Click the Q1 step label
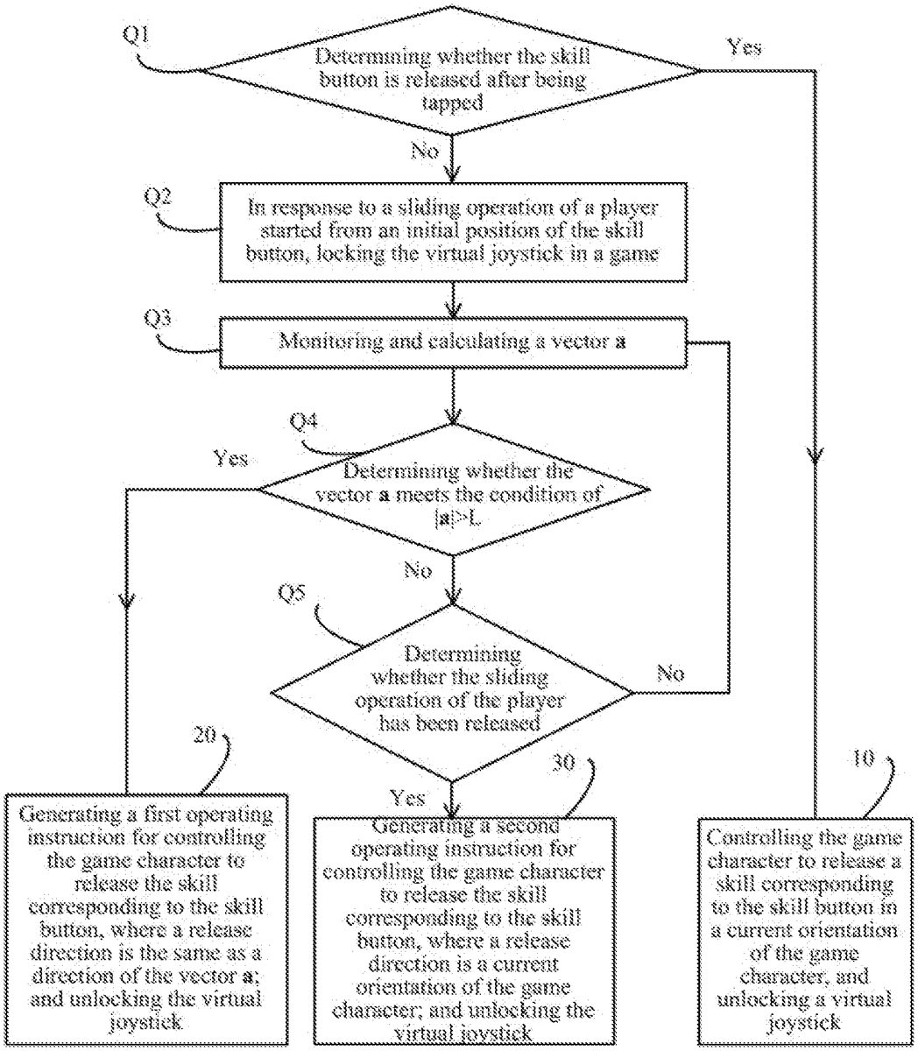[139, 36]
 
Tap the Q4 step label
[305, 421]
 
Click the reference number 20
[207, 736]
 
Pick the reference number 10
[863, 758]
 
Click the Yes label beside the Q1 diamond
[745, 46]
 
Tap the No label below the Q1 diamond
[425, 151]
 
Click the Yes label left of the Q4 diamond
[231, 458]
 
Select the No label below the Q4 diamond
[418, 571]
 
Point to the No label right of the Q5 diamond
[670, 674]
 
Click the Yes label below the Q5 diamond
[407, 797]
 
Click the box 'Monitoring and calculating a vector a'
[452, 343]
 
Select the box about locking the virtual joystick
[452, 231]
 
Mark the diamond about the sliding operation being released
[452, 690]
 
